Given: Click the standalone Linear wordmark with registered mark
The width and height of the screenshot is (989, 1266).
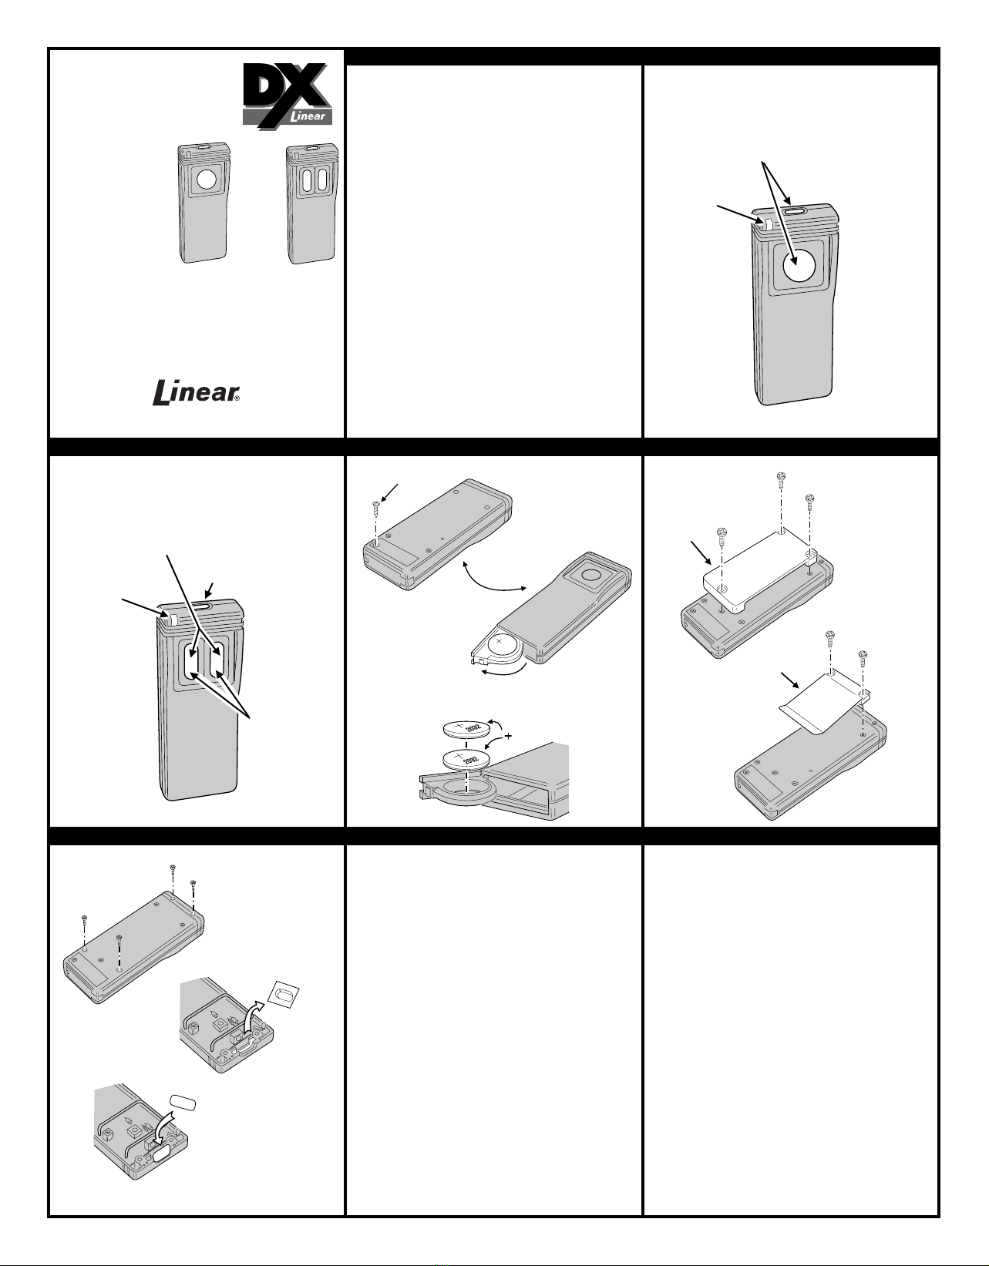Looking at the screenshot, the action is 196,392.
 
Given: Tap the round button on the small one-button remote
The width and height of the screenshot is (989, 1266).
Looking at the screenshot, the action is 207,180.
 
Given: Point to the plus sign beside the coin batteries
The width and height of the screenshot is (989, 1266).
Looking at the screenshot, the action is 508,737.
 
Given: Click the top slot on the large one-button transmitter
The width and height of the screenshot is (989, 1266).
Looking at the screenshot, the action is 797,213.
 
